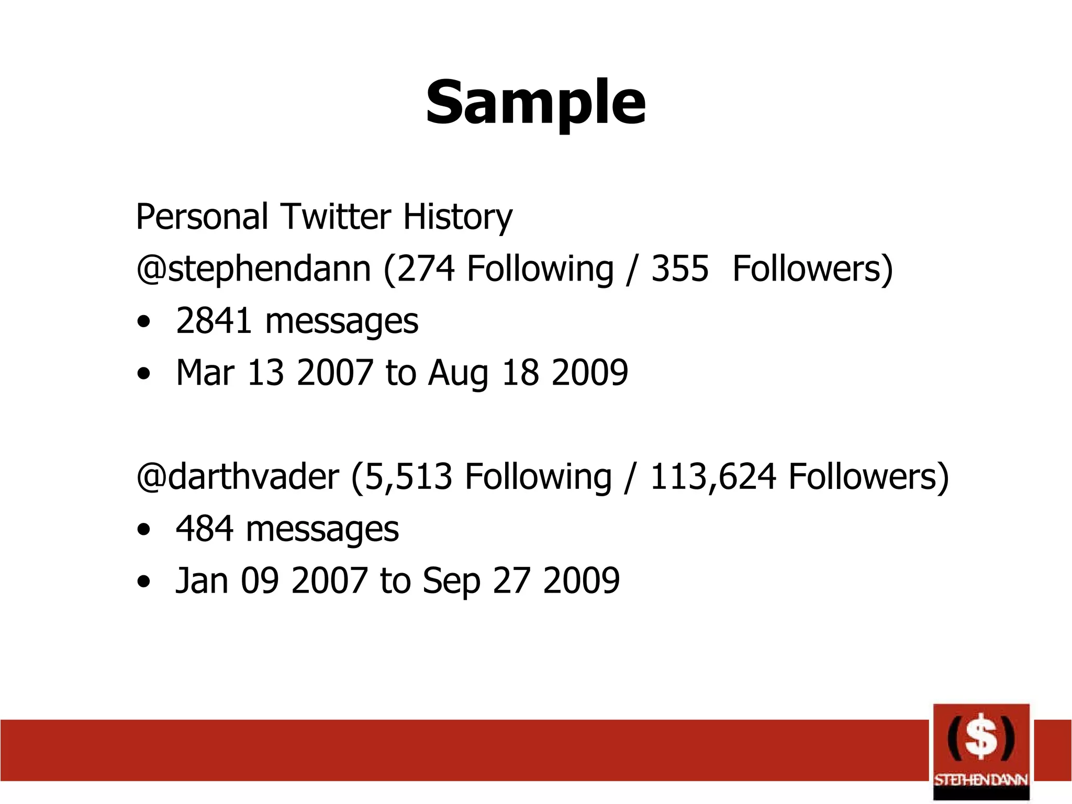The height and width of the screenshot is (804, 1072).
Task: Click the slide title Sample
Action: pyautogui.click(x=535, y=103)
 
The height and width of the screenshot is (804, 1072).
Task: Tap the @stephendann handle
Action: pyautogui.click(x=253, y=269)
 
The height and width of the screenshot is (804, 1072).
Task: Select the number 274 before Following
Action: pyautogui.click(x=426, y=269)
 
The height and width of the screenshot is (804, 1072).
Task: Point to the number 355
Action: pyautogui.click(x=679, y=269)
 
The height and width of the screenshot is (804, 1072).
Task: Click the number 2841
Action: pyautogui.click(x=214, y=320)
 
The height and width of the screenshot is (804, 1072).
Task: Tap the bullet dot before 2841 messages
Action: pyautogui.click(x=143, y=322)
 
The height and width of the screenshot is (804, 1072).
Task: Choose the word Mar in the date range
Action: pyautogui.click(x=205, y=372)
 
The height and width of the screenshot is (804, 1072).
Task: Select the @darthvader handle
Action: pyautogui.click(x=237, y=476)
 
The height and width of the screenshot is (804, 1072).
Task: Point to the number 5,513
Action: pyautogui.click(x=408, y=476)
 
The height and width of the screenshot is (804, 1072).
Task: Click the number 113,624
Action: pyautogui.click(x=712, y=476)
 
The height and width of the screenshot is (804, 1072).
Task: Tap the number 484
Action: pyautogui.click(x=204, y=529)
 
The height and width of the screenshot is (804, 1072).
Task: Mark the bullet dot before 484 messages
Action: pyautogui.click(x=143, y=530)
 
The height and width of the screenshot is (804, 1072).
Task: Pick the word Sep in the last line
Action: pyautogui.click(x=451, y=581)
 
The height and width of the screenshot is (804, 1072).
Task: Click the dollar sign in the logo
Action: pyautogui.click(x=980, y=738)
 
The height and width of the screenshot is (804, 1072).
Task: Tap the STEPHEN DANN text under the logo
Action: pyautogui.click(x=981, y=780)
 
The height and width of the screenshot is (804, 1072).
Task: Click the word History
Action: pyautogui.click(x=457, y=217)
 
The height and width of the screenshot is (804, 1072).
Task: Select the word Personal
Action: pyautogui.click(x=202, y=216)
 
